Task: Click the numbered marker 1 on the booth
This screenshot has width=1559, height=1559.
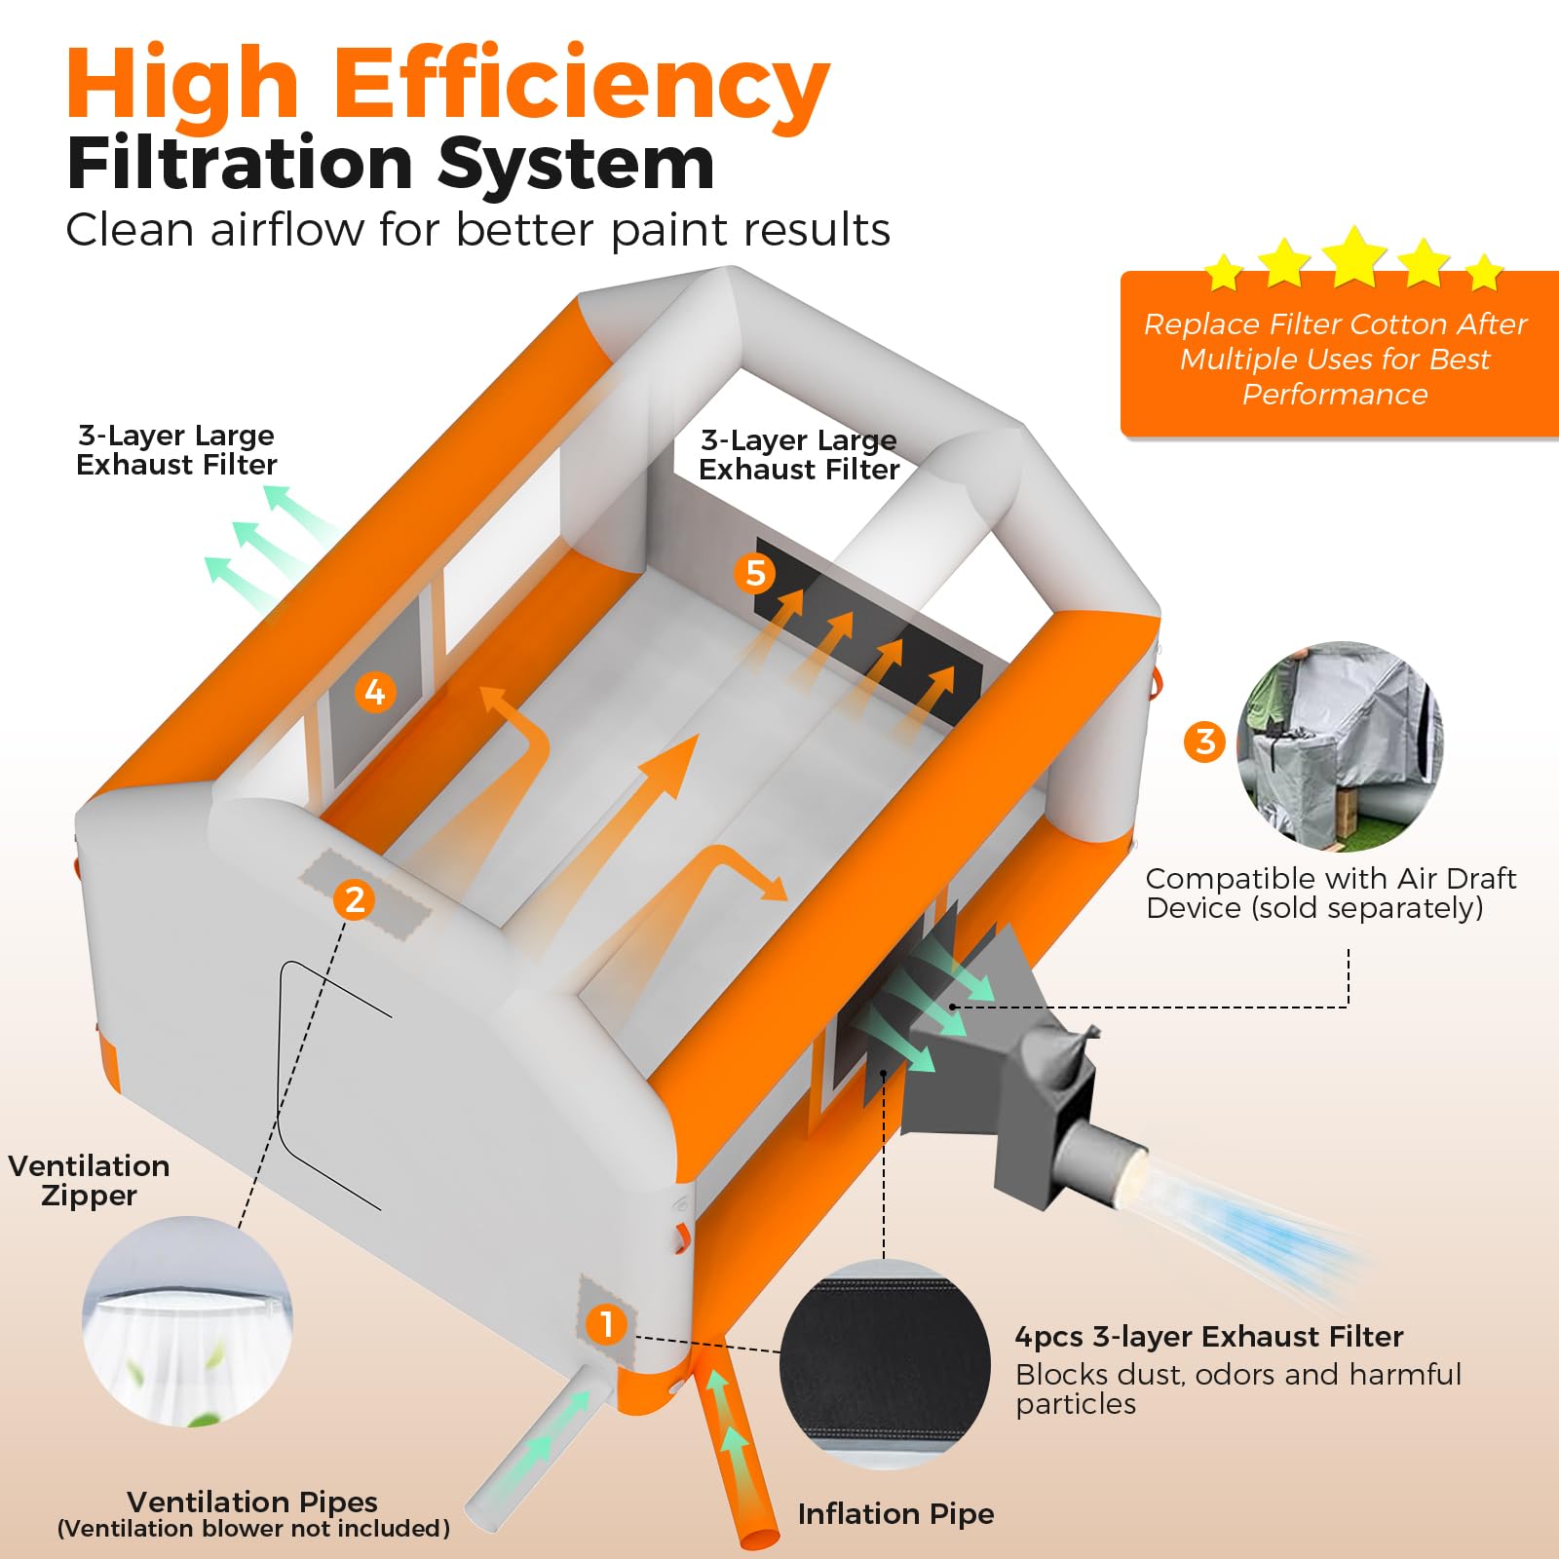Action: tap(606, 1324)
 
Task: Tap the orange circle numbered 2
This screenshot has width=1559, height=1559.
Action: tap(354, 899)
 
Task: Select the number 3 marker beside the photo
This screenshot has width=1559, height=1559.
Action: tap(1205, 741)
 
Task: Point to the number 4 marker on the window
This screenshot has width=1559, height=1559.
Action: tap(375, 692)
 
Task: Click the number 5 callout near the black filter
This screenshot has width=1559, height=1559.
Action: tap(755, 573)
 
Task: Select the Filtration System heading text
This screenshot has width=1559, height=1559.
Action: tap(391, 163)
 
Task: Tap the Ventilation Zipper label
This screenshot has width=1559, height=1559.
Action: tap(89, 1180)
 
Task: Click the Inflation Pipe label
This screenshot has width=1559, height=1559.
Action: tap(895, 1513)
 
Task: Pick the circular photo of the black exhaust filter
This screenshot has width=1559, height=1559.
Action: tap(885, 1363)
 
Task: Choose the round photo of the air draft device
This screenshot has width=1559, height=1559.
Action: tap(1340, 746)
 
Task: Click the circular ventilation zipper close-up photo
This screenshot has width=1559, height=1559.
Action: tap(187, 1321)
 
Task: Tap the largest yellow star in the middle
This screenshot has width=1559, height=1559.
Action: tap(1354, 255)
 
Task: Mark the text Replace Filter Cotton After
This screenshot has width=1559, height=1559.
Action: tap(1335, 323)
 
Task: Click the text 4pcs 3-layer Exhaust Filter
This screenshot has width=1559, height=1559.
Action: tap(1209, 1336)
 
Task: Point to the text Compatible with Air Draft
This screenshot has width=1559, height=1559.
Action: tap(1331, 878)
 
